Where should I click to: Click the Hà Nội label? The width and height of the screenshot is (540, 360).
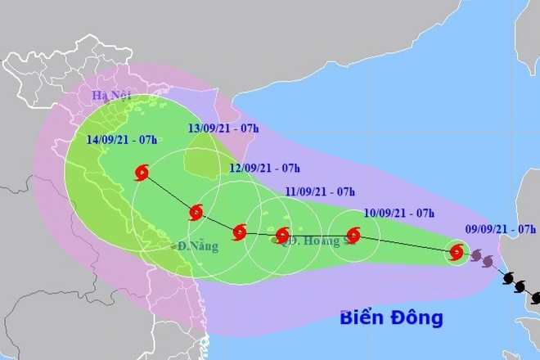pos(104,97)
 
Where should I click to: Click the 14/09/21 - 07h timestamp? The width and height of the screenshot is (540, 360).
pos(123,139)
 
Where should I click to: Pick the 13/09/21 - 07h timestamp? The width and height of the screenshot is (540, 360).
pos(223,128)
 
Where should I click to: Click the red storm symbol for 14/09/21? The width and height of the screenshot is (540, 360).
pos(142,173)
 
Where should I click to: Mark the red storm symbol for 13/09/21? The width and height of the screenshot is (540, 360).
pos(196,214)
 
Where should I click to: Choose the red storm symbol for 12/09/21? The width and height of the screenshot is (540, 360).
pos(239,232)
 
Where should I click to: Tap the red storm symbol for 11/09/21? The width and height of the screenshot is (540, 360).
pos(282,236)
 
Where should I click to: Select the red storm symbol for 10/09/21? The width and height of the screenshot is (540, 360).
pos(353,236)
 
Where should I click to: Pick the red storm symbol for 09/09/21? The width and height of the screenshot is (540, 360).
pos(457,253)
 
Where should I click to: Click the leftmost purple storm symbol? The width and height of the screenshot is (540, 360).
pos(475,255)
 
